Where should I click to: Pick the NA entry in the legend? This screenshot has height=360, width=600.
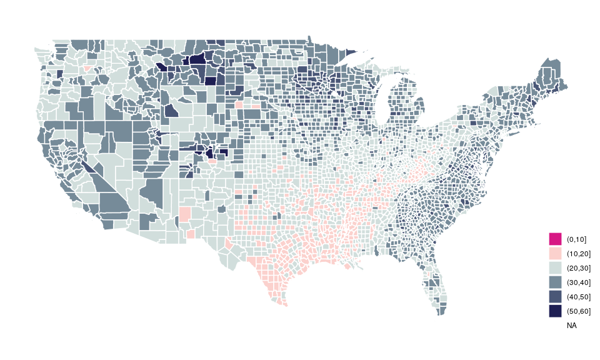[571, 326]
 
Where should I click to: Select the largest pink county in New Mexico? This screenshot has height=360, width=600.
[185, 214]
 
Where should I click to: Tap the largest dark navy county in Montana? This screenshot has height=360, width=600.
[197, 60]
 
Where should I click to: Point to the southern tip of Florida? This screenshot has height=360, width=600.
[442, 312]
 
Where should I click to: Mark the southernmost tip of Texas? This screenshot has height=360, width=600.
[285, 305]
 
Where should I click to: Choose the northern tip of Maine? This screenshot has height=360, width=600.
[549, 60]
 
